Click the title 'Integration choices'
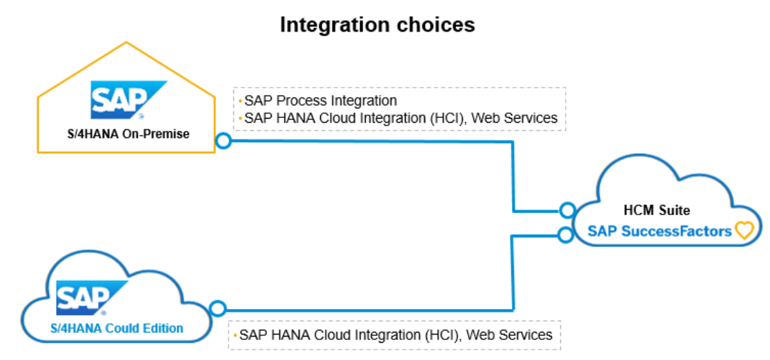[x=377, y=25]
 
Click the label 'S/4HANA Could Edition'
[x=117, y=328]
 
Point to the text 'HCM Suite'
[x=665, y=210]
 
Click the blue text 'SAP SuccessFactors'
[x=660, y=231]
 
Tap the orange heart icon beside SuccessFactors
[x=744, y=230]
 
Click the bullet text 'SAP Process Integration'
[x=321, y=101]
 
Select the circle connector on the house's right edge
[x=223, y=141]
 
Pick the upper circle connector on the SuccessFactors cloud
[x=567, y=210]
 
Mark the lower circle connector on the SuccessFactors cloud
[x=566, y=234]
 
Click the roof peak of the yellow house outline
[x=126, y=43]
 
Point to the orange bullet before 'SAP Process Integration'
[x=240, y=101]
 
